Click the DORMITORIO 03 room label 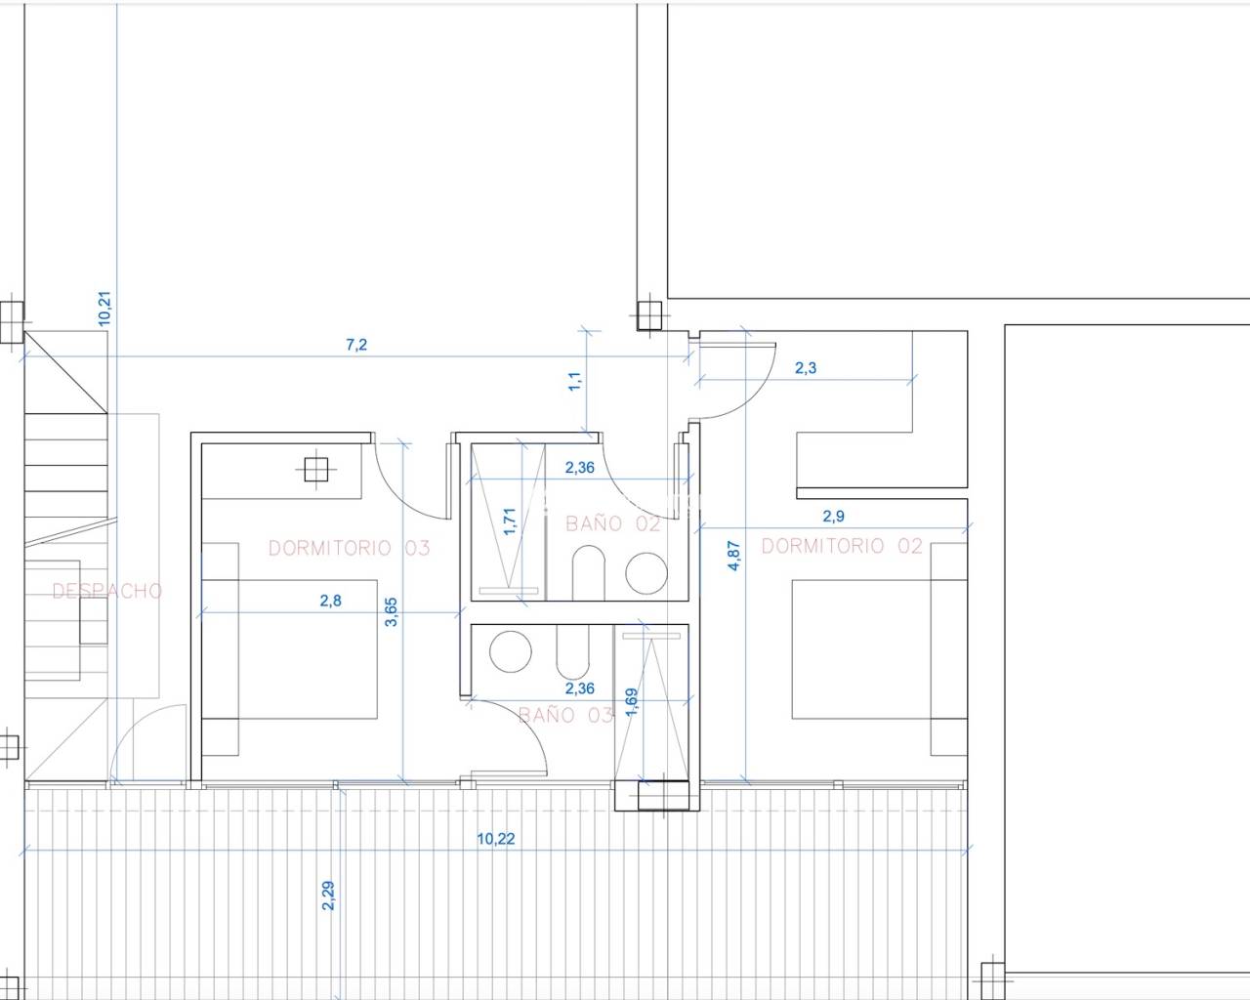349,548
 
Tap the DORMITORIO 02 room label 842,546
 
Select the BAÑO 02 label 613,523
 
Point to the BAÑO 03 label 565,714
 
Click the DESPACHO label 107,591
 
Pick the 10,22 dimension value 495,839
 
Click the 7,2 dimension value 356,345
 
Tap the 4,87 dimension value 733,556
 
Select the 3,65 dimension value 391,612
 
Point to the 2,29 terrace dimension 327,896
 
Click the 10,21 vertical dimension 104,309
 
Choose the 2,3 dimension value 805,367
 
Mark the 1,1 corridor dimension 574,381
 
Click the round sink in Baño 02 646,573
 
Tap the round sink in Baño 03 511,652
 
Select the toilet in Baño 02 589,572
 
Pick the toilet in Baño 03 572,652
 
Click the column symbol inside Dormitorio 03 316,470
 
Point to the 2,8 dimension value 330,601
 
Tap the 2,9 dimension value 834,516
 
